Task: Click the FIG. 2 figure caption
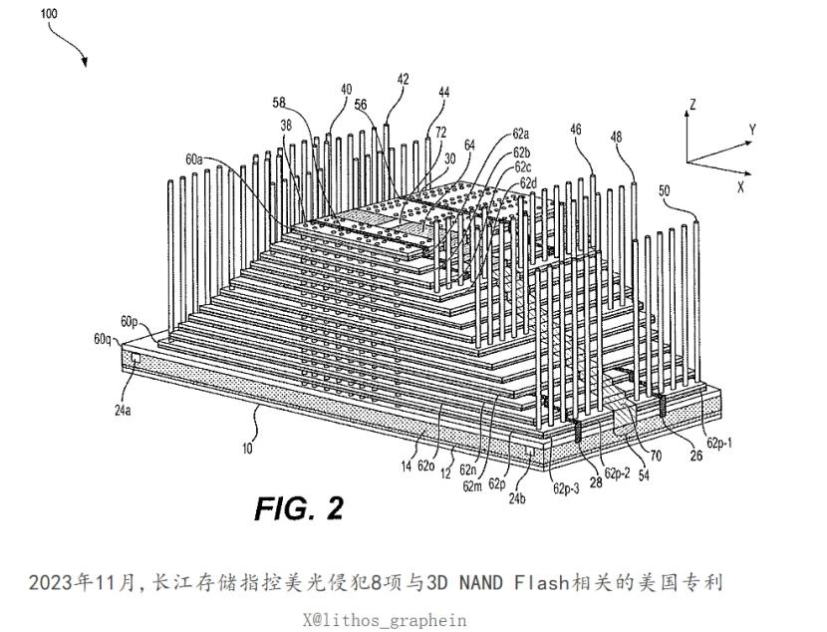tap(299, 508)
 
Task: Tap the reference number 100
tap(49, 13)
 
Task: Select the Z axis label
tap(692, 104)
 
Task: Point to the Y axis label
tap(752, 130)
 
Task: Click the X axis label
tap(741, 186)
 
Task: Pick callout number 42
tap(403, 79)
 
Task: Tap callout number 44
tap(444, 93)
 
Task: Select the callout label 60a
tap(194, 158)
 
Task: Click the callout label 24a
tap(123, 410)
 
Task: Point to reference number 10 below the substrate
tap(247, 449)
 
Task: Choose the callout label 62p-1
tap(719, 443)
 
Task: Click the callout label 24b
tap(517, 497)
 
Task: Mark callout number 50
tap(665, 190)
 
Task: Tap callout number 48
tap(616, 138)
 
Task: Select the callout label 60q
tap(103, 339)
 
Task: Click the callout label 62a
tap(520, 134)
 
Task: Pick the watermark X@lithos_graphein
tap(385, 620)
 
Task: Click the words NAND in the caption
tap(480, 583)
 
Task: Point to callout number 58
tap(279, 103)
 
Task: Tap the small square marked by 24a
tap(137, 357)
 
